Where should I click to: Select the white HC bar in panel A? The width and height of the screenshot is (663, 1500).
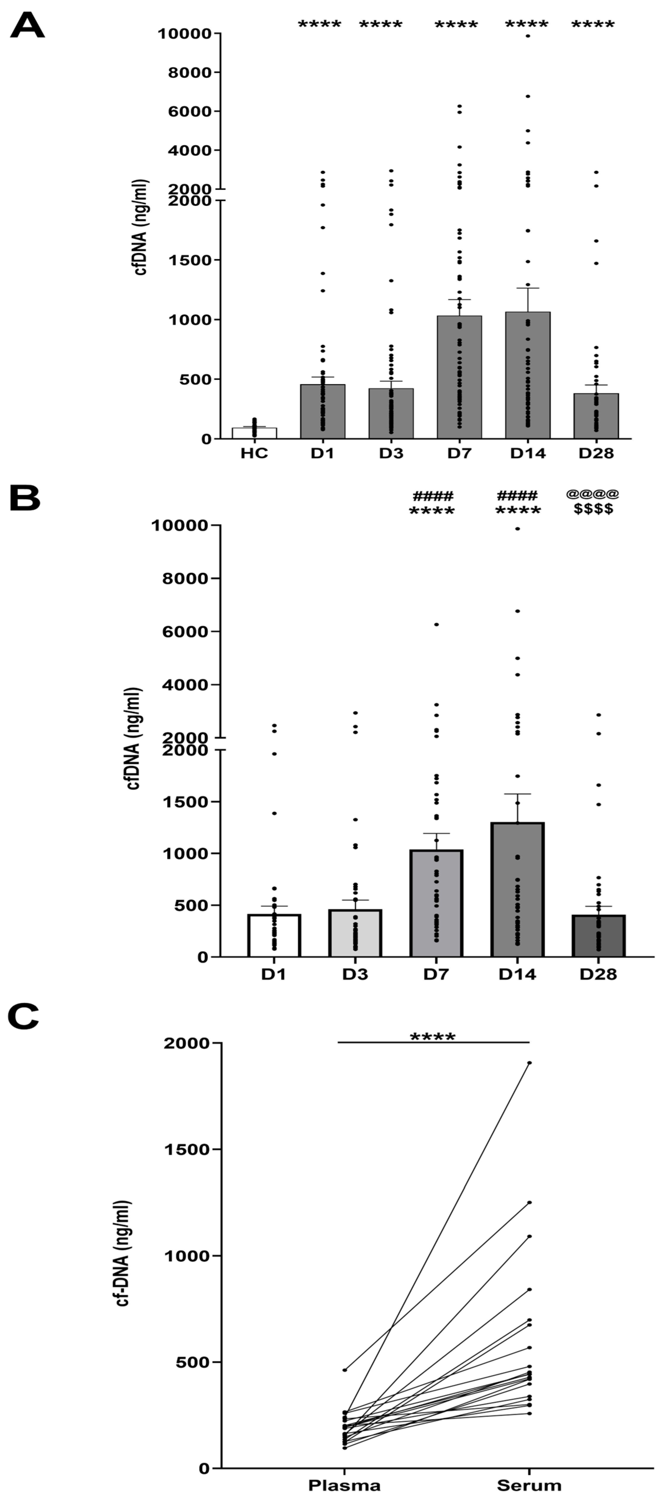click(x=254, y=433)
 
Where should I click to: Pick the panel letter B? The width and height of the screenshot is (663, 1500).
click(x=25, y=499)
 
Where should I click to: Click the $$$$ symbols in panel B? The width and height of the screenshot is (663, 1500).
click(x=593, y=509)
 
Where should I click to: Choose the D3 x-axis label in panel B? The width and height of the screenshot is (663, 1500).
click(x=355, y=974)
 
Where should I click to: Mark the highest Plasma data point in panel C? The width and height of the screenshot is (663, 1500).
click(x=344, y=1370)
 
